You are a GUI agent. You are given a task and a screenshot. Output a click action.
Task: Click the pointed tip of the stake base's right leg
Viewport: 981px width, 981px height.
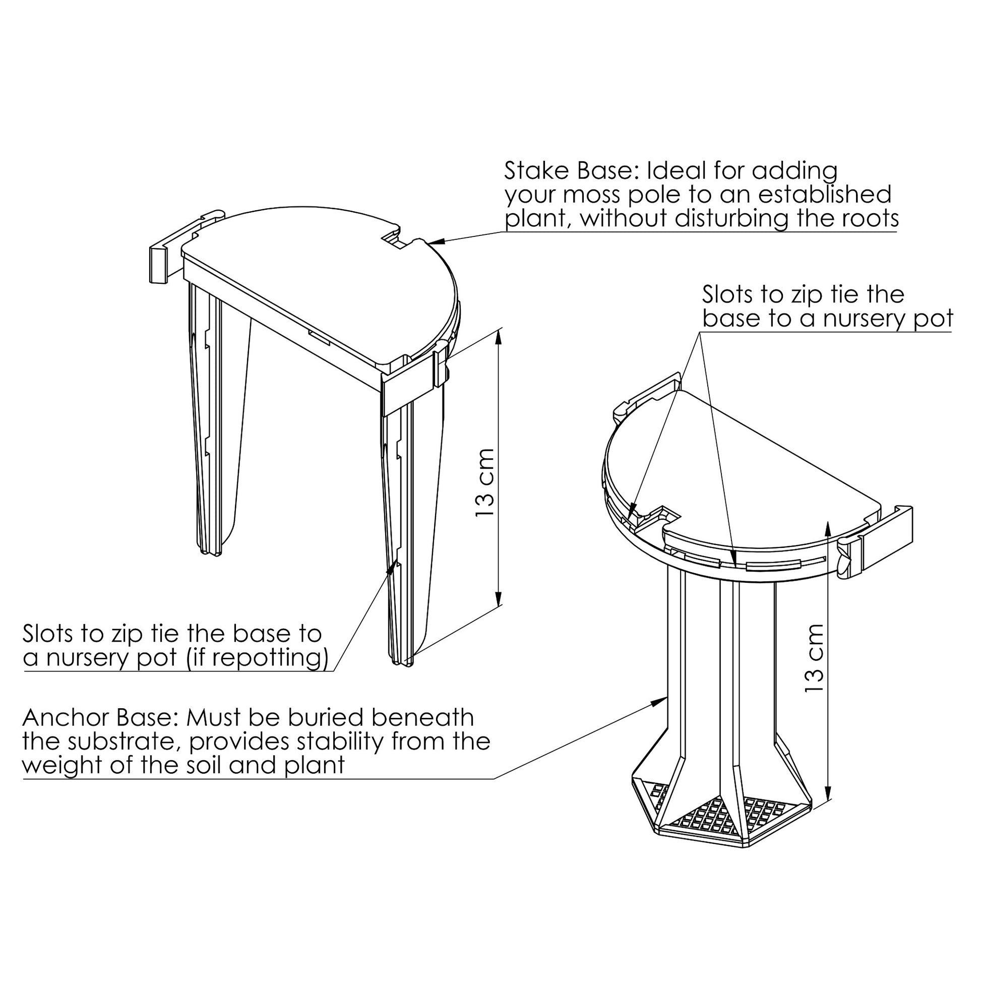401,661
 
